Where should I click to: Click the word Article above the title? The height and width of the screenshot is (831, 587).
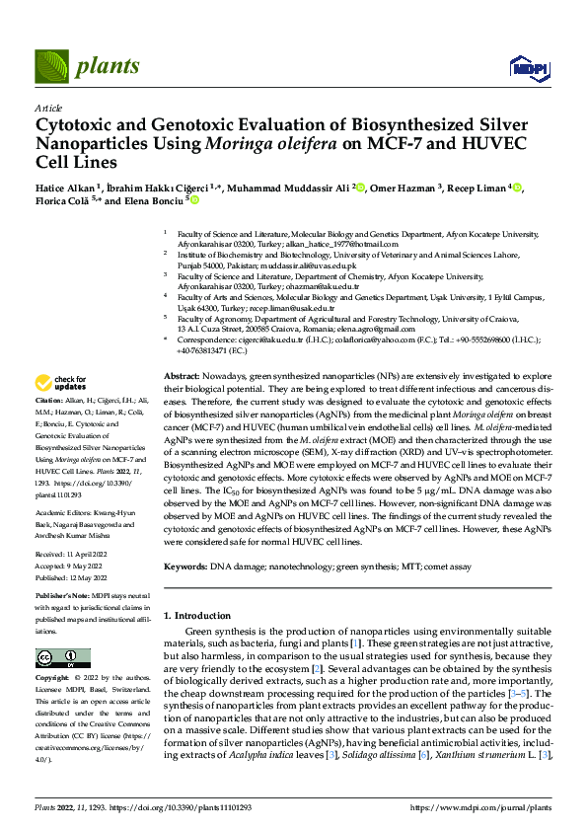click(x=48, y=108)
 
